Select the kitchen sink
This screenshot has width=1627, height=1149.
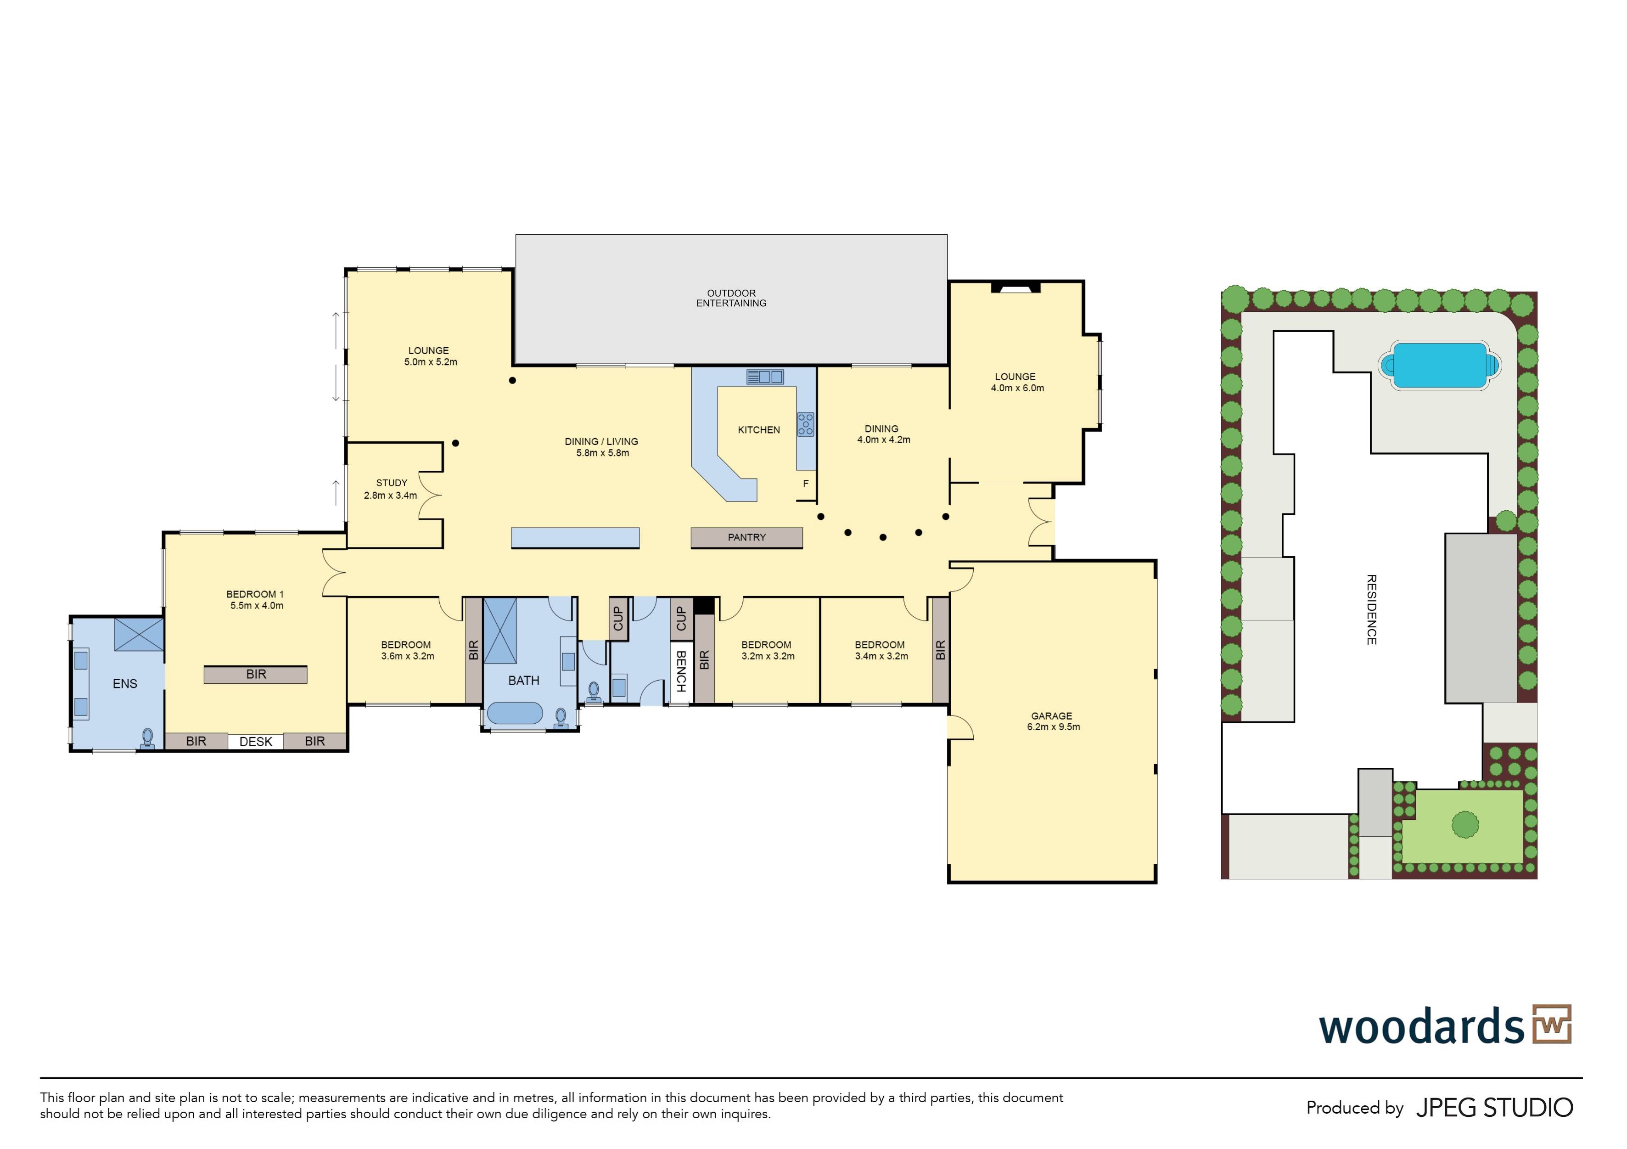click(764, 377)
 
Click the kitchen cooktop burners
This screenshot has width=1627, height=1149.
click(806, 424)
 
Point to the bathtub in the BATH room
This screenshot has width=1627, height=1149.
click(515, 712)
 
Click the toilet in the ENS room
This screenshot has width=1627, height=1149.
click(147, 738)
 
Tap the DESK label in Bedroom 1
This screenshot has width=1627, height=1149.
click(256, 741)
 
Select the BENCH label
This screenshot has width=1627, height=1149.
click(681, 671)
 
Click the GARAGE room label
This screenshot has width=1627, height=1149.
click(1052, 716)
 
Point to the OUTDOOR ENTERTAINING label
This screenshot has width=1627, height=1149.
click(731, 298)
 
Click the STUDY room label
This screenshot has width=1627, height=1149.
click(392, 483)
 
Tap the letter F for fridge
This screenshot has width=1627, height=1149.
click(806, 484)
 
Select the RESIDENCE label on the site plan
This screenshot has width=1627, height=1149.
click(1371, 609)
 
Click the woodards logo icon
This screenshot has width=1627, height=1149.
click(1552, 1024)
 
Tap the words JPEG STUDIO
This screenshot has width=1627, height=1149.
click(1494, 1107)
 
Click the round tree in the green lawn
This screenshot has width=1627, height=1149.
click(1465, 824)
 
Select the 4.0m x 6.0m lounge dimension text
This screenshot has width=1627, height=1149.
click(1018, 388)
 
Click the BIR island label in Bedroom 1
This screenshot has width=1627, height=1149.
click(256, 674)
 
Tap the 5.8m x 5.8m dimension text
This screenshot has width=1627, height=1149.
click(602, 453)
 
